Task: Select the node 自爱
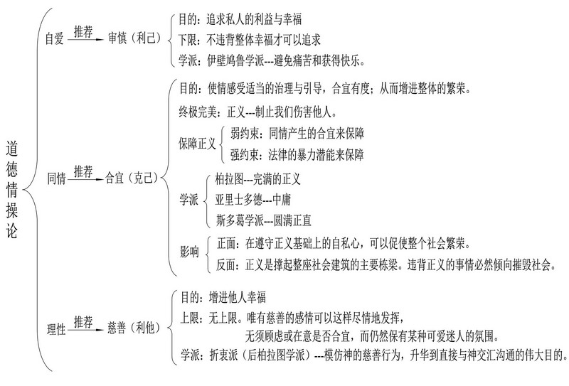tap(54, 40)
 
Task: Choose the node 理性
tap(56, 328)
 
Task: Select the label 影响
tap(189, 253)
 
